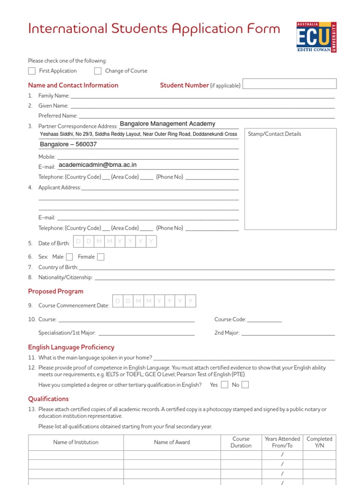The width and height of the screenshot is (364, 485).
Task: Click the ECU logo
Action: coord(316,37)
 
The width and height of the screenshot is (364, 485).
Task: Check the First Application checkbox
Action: coord(32,71)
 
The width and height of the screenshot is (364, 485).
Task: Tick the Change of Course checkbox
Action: coord(98,71)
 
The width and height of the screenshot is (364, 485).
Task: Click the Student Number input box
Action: coord(290,84)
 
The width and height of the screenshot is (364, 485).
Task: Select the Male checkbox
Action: coord(69,257)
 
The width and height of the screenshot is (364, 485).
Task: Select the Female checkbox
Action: coord(100,257)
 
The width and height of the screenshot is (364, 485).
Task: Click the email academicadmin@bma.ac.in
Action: coord(97,165)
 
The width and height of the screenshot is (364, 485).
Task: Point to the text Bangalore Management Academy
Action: coord(167,124)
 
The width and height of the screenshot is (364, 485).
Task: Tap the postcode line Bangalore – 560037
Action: coord(68,144)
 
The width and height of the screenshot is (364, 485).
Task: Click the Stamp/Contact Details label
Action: coord(274,134)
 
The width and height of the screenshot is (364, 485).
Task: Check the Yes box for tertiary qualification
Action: coord(225,385)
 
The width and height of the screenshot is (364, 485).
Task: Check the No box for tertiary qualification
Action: coord(245,385)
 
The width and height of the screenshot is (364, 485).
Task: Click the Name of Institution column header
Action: coord(76,442)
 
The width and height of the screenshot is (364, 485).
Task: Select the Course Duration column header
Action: coord(241,442)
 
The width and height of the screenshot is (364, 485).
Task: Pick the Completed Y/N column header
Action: coord(319,442)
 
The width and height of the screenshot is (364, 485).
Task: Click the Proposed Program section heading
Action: coord(55,291)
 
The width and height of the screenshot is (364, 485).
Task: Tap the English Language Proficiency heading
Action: coord(71,347)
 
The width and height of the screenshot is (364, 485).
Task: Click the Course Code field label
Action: coord(230,320)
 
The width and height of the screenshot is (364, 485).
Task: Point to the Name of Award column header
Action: coord(172,442)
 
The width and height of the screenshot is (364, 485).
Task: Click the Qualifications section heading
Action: coord(48,399)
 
